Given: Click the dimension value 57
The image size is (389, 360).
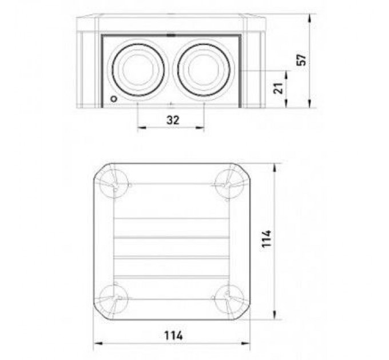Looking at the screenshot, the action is tap(301, 60).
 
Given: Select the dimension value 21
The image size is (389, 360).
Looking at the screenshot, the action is tap(278, 88).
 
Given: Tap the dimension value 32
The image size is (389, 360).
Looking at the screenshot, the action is tap(173, 120).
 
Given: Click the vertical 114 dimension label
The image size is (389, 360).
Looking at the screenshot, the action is tap(267, 238).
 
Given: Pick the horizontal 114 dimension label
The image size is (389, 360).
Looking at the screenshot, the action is tap(173, 336).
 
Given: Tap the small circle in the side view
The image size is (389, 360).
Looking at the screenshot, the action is tap(114, 99).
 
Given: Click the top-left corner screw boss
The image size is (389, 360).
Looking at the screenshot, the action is tap(114, 184).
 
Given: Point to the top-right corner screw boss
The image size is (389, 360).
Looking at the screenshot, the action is tap(229, 184).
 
